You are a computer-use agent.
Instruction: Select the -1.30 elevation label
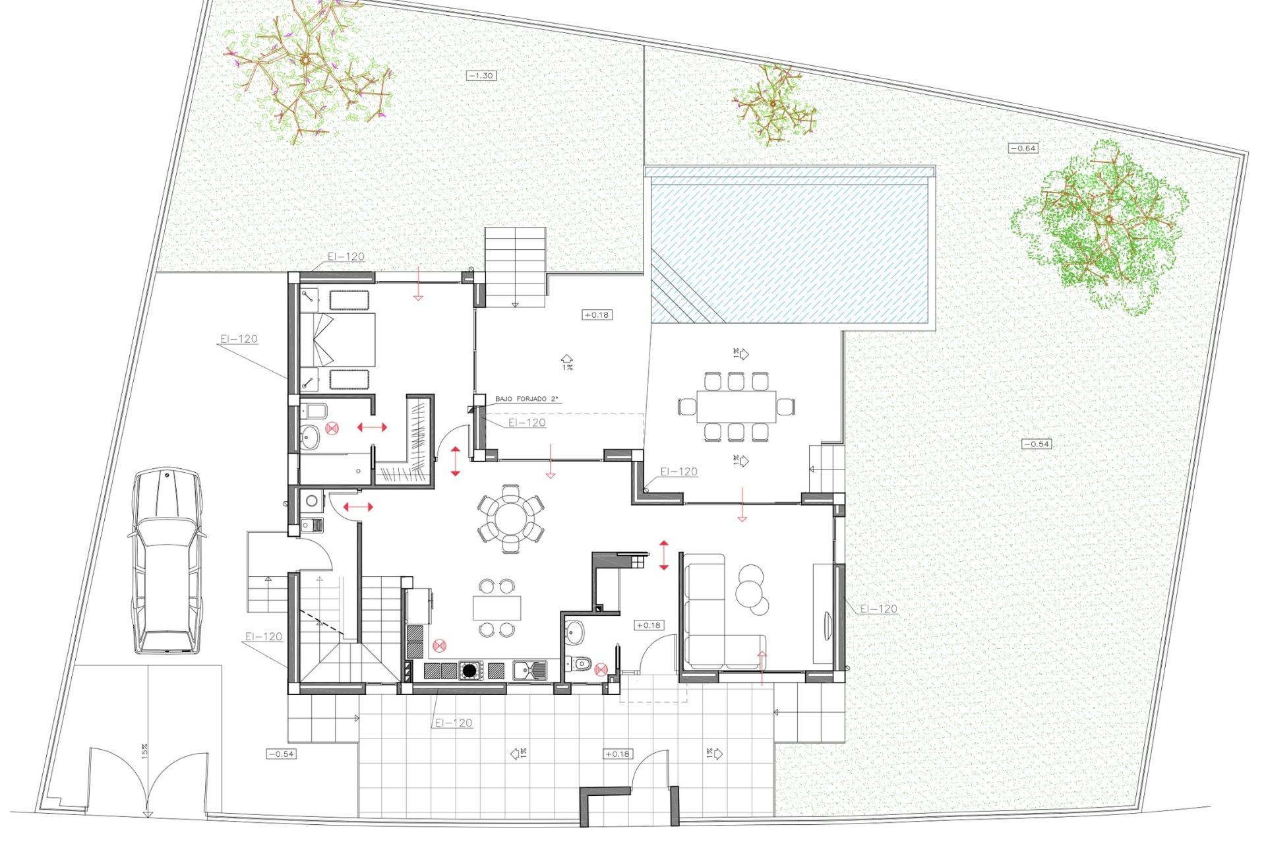481,76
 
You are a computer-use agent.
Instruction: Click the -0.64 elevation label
1023,148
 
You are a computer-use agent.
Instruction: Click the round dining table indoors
511,518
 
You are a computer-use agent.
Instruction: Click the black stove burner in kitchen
469,671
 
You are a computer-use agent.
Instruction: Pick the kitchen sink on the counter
529,671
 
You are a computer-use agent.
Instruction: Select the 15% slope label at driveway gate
144,750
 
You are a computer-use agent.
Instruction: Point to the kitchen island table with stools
497,607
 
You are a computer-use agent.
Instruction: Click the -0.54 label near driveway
281,754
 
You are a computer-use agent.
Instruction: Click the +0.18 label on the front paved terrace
617,754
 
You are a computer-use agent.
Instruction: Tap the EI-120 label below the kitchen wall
454,723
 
